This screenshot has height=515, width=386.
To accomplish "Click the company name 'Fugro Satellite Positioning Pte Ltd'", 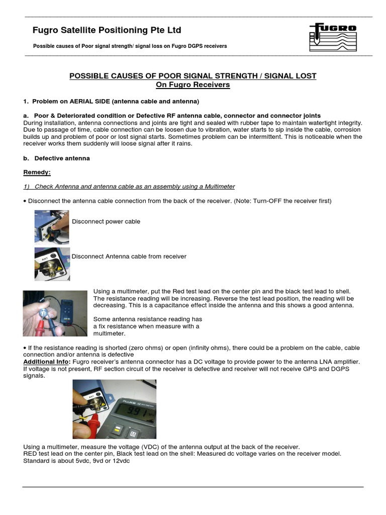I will (x=107, y=30).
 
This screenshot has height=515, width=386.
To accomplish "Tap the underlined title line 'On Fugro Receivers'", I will (x=192, y=85).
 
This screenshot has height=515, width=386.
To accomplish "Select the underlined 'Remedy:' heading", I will (x=37, y=173).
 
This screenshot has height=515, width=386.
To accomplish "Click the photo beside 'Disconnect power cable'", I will (x=52, y=226).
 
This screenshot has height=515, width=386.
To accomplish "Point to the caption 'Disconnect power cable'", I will (x=106, y=222).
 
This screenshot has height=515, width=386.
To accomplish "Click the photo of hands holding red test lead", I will (x=55, y=313).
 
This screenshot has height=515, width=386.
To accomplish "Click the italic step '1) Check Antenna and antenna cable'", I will (x=129, y=187).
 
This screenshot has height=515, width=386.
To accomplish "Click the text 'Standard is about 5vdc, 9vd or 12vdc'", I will (x=76, y=461).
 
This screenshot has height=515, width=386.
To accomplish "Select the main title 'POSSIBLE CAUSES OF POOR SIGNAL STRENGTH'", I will (x=192, y=76).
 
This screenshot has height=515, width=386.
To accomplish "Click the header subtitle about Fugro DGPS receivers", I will (x=130, y=46).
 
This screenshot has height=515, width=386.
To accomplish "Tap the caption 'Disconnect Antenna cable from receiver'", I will (x=129, y=256).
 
